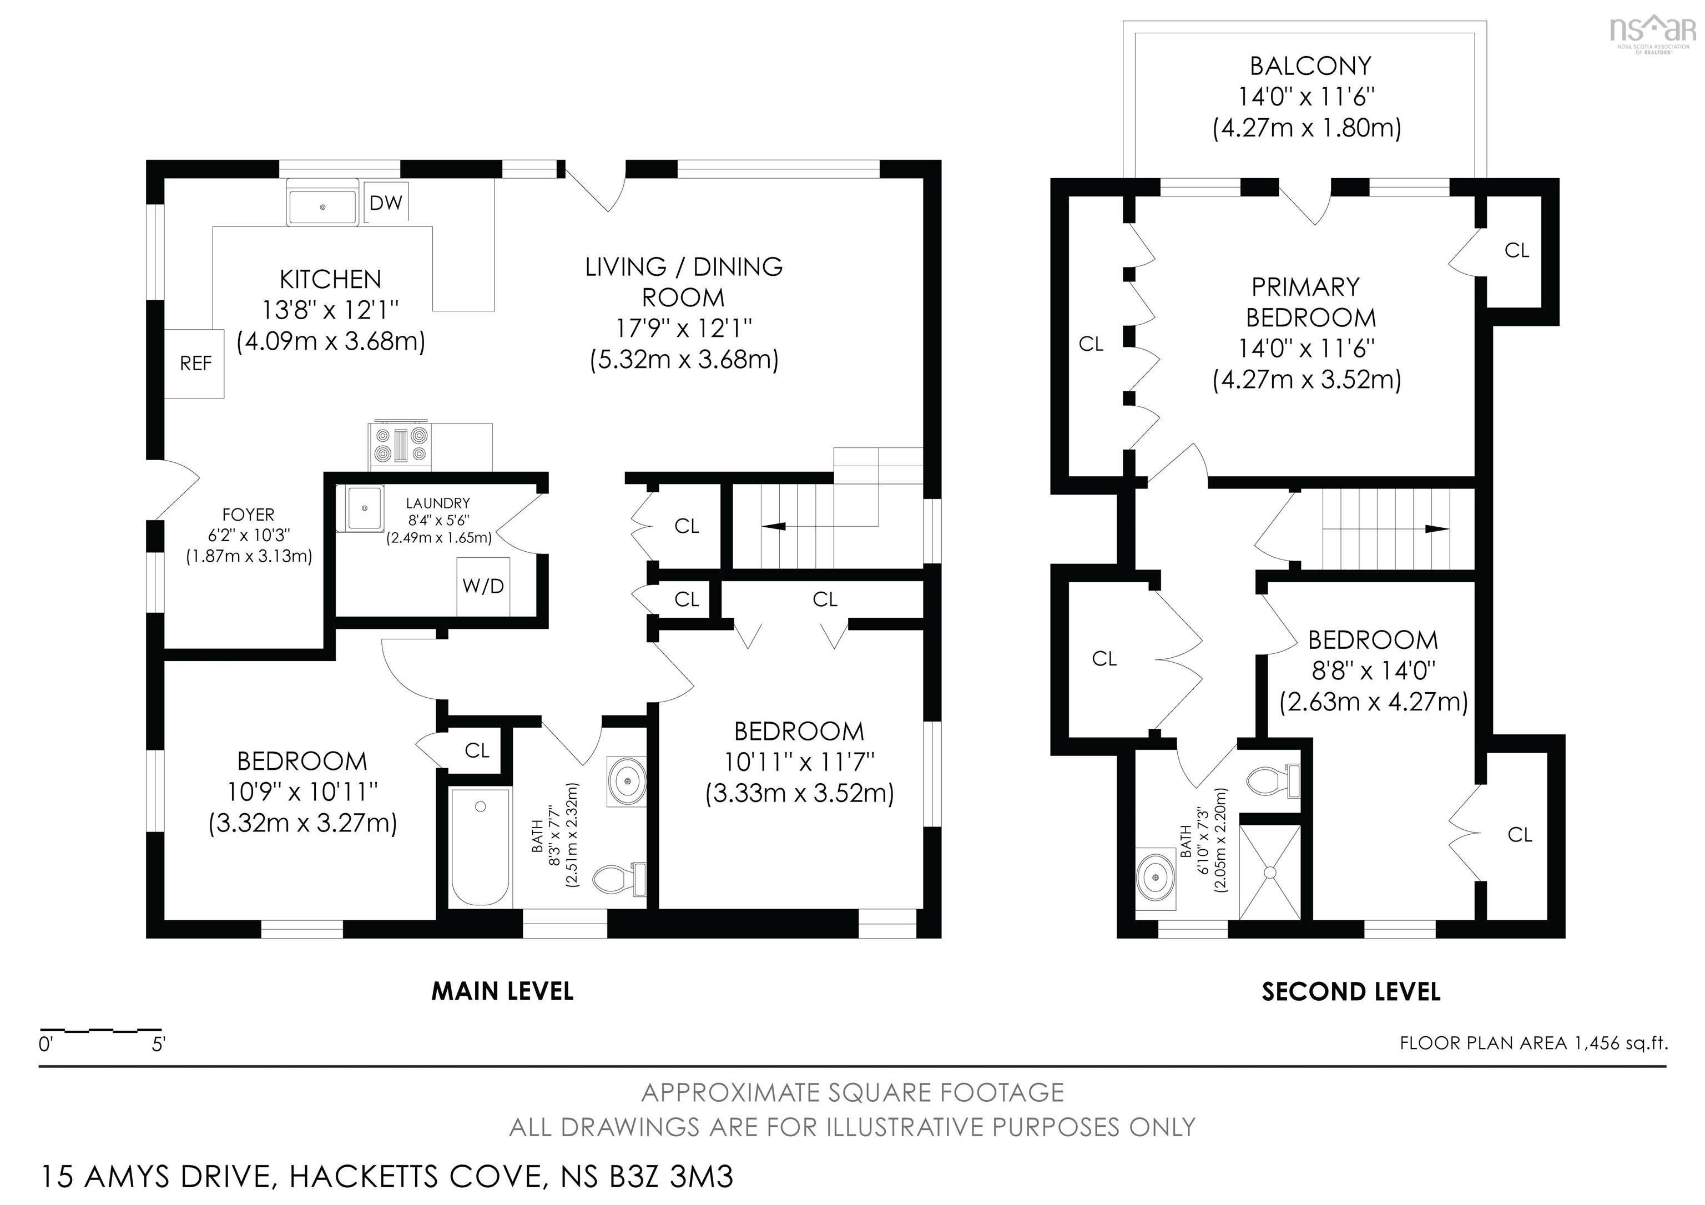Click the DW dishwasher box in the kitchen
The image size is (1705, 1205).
(385, 202)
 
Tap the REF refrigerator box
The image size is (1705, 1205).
(195, 364)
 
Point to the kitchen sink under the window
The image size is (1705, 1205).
(322, 206)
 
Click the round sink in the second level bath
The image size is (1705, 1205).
(1156, 878)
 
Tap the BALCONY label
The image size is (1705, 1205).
(1310, 66)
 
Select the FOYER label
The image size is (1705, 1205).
(248, 515)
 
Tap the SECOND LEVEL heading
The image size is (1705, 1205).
(1351, 992)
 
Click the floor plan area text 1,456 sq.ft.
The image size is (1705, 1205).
(1534, 1043)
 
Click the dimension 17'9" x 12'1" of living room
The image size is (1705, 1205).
(683, 328)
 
